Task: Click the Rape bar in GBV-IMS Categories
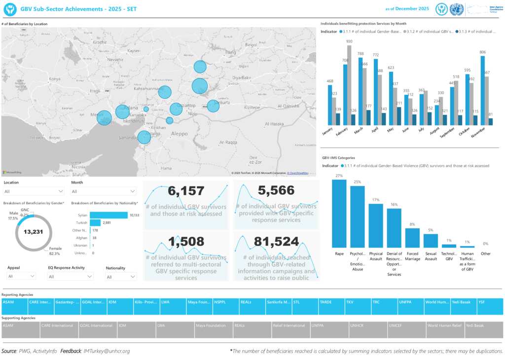339,214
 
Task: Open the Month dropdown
104,191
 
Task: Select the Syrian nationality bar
108,215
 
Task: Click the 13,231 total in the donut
34,231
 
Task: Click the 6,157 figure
186,191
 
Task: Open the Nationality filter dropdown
121,277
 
